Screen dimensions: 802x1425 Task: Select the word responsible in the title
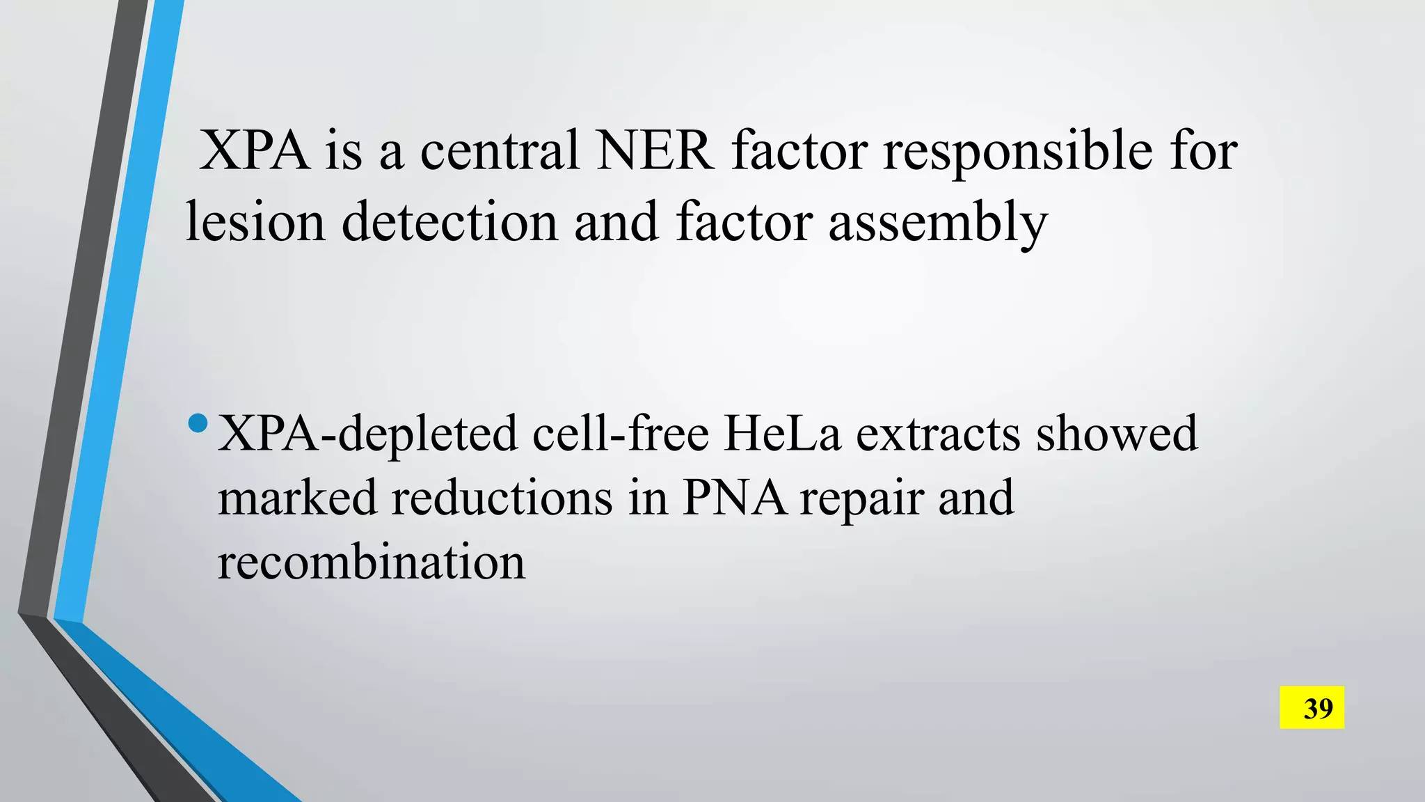1018,152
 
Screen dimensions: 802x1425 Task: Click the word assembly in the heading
937,223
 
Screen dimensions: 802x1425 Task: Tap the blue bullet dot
198,423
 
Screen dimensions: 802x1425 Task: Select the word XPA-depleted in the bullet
367,434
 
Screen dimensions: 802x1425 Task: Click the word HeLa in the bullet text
782,433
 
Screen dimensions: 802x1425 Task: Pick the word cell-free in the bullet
621,433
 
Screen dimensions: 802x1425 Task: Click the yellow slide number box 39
1312,708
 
